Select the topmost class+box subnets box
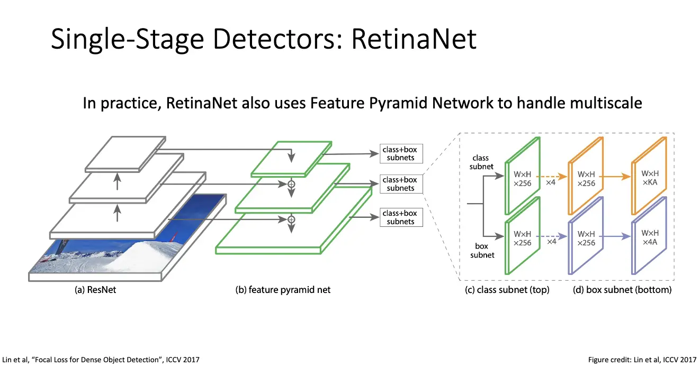400,153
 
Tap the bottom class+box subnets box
401,217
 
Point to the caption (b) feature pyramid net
283,290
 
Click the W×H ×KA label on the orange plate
650,178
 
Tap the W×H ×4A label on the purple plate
650,237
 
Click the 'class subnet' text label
481,162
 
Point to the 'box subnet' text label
481,250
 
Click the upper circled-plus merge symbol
291,184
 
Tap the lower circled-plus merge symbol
291,218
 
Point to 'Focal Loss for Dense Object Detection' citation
101,360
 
